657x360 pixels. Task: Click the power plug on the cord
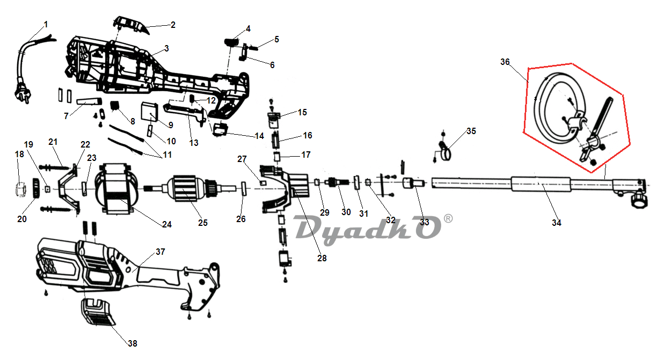coord(21,92)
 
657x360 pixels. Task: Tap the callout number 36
coord(505,62)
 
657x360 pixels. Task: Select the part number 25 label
coord(203,223)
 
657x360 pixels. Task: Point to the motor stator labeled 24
coord(116,189)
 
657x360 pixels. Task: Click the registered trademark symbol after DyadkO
coord(448,219)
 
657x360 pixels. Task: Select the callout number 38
coord(133,343)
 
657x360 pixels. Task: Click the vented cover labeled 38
coord(98,312)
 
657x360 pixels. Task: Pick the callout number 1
coord(46,24)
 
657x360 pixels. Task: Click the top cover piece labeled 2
coord(131,25)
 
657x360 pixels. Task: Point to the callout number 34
coord(557,223)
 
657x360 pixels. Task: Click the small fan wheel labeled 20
coord(36,188)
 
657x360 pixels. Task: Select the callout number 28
coord(322,258)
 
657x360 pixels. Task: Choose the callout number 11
coord(167,155)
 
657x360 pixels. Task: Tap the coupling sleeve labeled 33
coord(413,183)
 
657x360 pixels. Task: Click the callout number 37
coord(160,252)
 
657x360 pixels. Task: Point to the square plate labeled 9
coord(150,112)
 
